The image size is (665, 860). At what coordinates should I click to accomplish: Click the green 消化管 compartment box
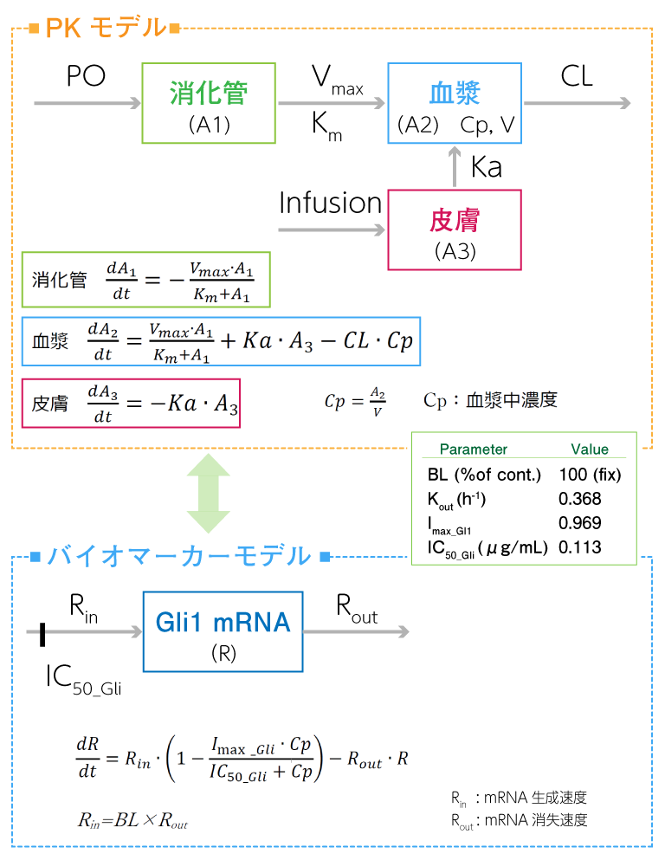point(208,102)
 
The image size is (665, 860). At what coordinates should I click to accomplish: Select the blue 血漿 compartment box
point(455,102)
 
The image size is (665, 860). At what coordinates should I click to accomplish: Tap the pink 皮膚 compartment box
point(455,230)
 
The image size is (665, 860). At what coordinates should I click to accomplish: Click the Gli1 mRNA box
point(223,631)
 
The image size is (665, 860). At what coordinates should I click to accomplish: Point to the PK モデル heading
point(104,29)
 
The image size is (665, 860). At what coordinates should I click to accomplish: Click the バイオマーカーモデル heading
point(178,555)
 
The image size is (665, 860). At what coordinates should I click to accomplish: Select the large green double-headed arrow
point(208,493)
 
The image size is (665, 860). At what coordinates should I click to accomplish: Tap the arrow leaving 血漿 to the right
point(577,104)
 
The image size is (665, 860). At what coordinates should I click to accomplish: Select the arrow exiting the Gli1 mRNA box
point(356,632)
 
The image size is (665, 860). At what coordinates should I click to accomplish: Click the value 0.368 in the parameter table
point(580,499)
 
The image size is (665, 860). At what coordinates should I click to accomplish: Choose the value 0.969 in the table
point(580,523)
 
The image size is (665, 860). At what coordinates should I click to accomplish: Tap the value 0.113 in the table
point(580,547)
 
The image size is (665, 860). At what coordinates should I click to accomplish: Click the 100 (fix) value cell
point(590,475)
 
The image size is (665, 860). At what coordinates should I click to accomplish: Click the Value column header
point(590,449)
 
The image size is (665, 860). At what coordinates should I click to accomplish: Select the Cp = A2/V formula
point(355,401)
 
